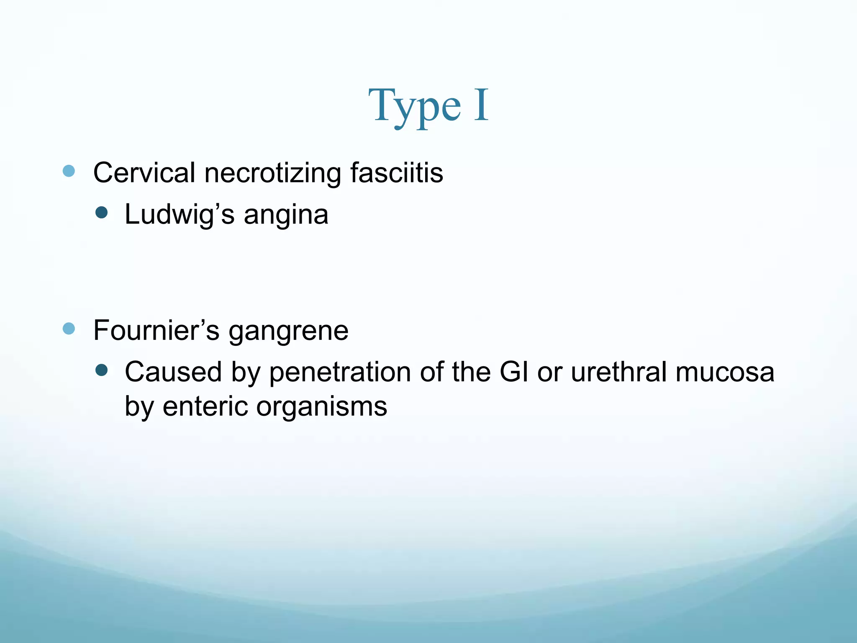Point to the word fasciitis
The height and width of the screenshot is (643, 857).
coord(397,172)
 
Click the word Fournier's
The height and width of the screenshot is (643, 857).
coord(156,330)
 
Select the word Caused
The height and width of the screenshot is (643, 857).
coord(173,372)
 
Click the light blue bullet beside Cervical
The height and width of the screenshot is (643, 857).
coord(69,171)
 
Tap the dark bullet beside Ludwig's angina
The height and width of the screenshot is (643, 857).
coord(101,213)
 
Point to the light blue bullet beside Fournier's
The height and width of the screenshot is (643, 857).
coord(69,329)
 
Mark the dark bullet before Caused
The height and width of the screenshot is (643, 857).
coord(101,370)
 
